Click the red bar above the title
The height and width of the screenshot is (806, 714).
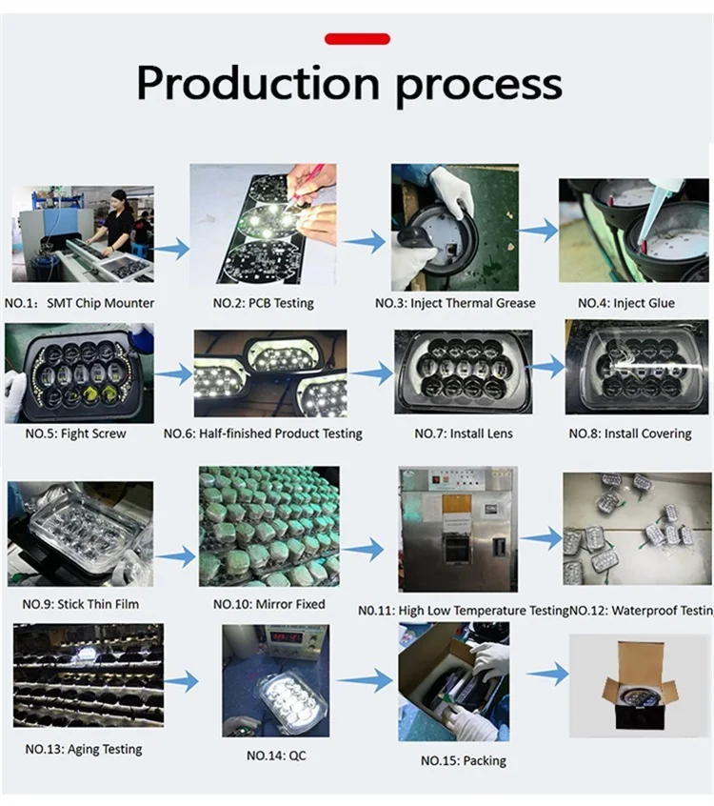pyautogui.click(x=357, y=39)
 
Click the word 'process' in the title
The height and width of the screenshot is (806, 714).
pyautogui.click(x=478, y=84)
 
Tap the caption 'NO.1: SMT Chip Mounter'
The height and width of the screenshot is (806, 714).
pyautogui.click(x=79, y=303)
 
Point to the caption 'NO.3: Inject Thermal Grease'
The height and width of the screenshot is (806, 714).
pyautogui.click(x=455, y=303)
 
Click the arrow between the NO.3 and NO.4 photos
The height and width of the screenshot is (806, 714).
pyautogui.click(x=539, y=230)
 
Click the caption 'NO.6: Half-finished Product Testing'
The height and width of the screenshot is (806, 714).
pyautogui.click(x=263, y=433)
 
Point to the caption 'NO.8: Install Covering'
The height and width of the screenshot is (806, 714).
pyautogui.click(x=630, y=433)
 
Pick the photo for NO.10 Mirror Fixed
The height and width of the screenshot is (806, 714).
pyautogui.click(x=269, y=526)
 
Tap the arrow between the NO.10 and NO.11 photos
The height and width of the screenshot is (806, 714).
pyautogui.click(x=363, y=550)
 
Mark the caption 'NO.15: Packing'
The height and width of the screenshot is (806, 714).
pyautogui.click(x=463, y=760)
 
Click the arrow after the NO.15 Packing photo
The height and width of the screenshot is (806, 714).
pyautogui.click(x=547, y=675)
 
